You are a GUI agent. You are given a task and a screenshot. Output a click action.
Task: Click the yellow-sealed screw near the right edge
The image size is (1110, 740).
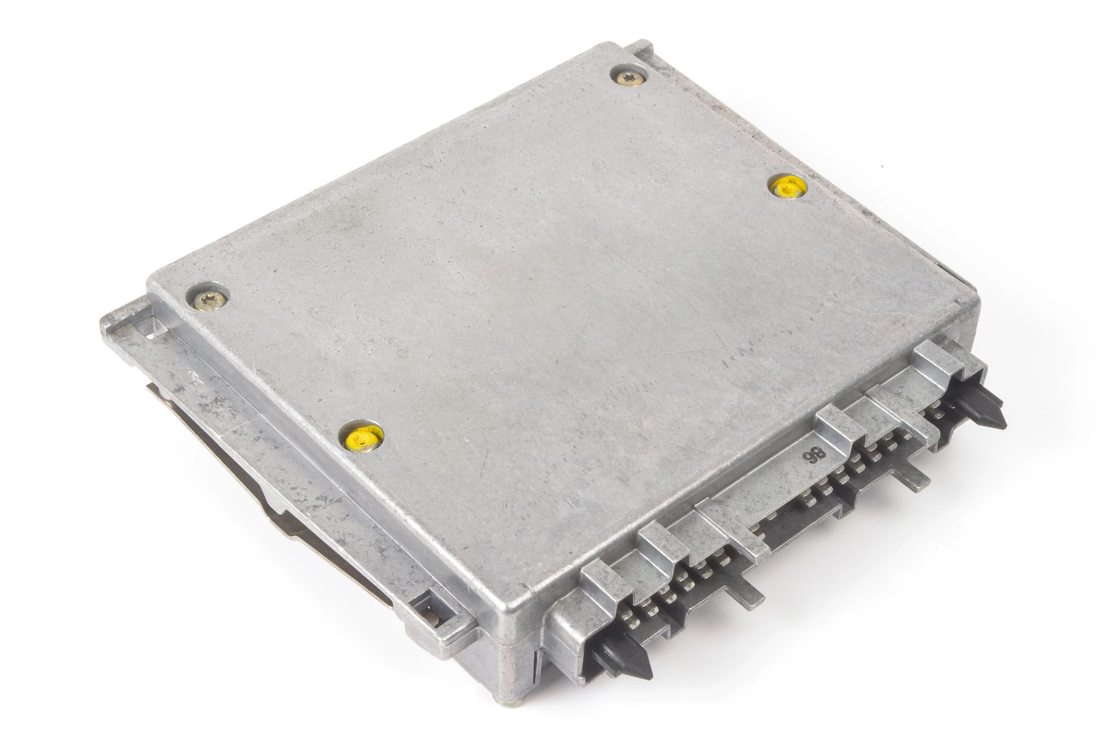[x=788, y=187]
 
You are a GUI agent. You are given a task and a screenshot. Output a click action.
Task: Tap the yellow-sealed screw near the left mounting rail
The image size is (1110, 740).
[x=362, y=437]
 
